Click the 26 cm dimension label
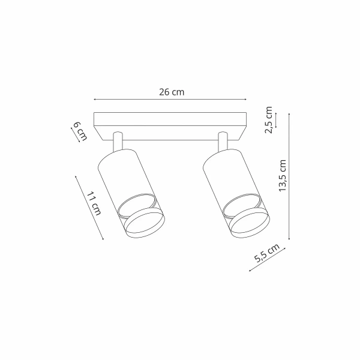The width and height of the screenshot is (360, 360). coord(172,92)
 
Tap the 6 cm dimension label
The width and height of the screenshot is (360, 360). coord(80,131)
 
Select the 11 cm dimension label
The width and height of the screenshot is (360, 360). coord(94,203)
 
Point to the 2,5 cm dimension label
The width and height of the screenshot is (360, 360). coord(268,119)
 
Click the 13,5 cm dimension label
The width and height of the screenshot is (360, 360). coord(282,176)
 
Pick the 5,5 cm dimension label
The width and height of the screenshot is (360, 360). coord(267,253)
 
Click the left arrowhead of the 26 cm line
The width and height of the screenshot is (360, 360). coord(95,100)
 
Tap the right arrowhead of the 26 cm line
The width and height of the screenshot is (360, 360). coord(245,100)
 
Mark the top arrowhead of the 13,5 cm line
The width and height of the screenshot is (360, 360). coord(289,114)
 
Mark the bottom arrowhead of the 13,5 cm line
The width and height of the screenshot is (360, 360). coord(289,239)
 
